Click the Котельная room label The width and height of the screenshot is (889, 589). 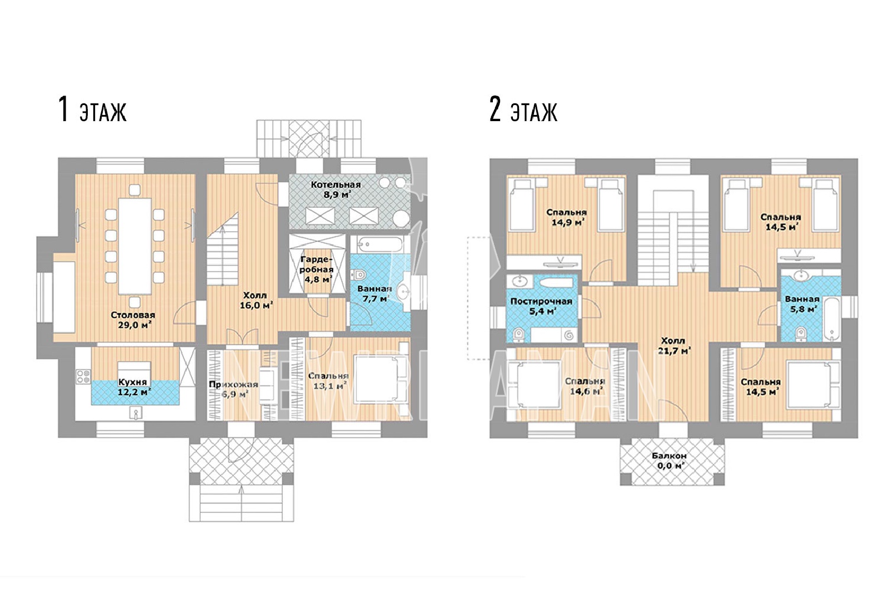[x=336, y=189]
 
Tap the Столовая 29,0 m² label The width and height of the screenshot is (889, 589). [x=133, y=320]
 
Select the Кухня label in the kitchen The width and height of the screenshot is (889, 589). [x=133, y=382]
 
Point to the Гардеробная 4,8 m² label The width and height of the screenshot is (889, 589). [x=316, y=269]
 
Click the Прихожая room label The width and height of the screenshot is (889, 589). [x=233, y=384]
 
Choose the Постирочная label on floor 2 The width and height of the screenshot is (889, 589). [x=541, y=301]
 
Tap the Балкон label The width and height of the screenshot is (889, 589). [x=670, y=456]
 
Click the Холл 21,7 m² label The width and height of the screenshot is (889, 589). [x=674, y=346]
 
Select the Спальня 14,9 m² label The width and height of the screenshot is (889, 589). [x=567, y=217]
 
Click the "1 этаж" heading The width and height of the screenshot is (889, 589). [x=92, y=109]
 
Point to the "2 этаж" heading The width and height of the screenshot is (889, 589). [x=523, y=109]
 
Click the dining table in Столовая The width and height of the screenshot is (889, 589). [x=135, y=246]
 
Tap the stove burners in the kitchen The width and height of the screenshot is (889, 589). [x=83, y=377]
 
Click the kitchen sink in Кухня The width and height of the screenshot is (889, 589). [x=136, y=413]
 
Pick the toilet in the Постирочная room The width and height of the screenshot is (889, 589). [x=519, y=335]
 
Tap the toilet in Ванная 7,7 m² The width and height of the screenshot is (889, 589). [x=358, y=274]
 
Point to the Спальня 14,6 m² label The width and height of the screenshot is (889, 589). [x=585, y=386]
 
